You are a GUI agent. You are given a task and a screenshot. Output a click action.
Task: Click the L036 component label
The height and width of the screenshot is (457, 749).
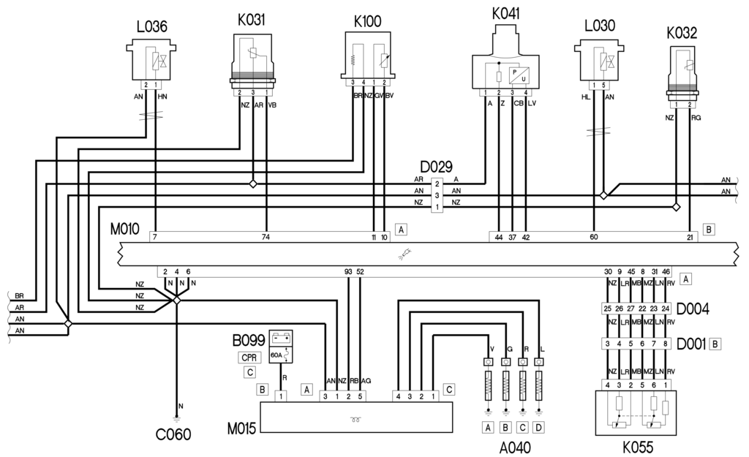coord(151,27)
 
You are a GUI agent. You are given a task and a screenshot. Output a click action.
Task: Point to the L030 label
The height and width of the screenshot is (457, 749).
coord(599,26)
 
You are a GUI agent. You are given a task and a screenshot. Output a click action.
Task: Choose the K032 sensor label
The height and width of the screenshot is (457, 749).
coord(682,33)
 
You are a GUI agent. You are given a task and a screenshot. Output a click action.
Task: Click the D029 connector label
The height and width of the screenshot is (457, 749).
coord(437,167)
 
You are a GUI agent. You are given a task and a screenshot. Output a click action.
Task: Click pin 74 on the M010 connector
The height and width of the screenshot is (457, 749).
coord(266,237)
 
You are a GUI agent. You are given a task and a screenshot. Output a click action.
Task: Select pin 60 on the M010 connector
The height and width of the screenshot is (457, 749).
coord(593,237)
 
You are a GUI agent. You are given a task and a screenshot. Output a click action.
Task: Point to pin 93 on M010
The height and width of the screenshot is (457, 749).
coord(348,271)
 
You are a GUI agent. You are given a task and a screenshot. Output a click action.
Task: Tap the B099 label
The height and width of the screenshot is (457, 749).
coord(248,341)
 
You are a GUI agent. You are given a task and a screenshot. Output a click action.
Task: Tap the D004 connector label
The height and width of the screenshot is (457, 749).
coord(693,307)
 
